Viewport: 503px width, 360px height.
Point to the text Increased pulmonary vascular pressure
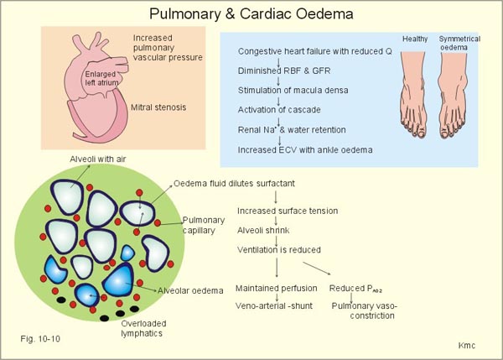click(x=163, y=50)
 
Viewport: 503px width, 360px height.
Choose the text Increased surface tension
click(x=282, y=210)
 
